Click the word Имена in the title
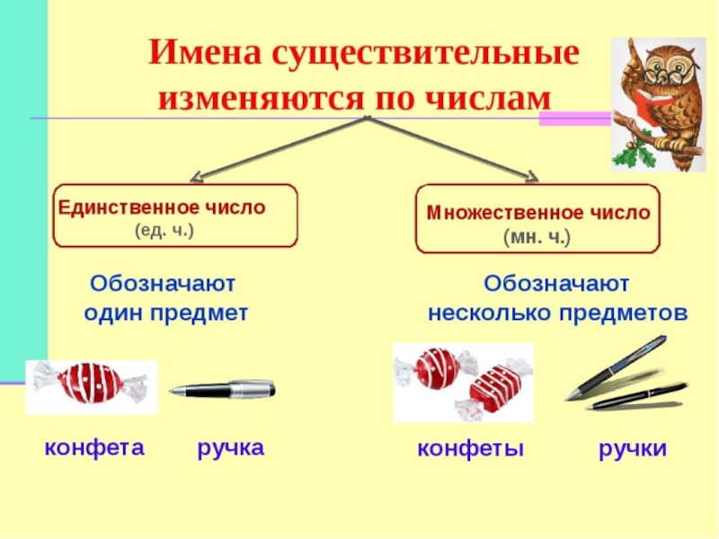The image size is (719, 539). [200, 53]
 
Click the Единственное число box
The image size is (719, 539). [175, 216]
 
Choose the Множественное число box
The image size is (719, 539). [537, 219]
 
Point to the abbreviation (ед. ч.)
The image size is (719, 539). [164, 230]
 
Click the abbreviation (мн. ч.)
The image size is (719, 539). [537, 237]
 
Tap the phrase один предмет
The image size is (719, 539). [165, 313]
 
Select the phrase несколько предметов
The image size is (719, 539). [557, 314]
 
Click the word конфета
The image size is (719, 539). [94, 446]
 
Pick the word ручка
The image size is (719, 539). [231, 446]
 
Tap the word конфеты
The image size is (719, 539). [469, 448]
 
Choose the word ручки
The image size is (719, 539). [633, 448]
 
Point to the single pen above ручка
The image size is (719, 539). [223, 389]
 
